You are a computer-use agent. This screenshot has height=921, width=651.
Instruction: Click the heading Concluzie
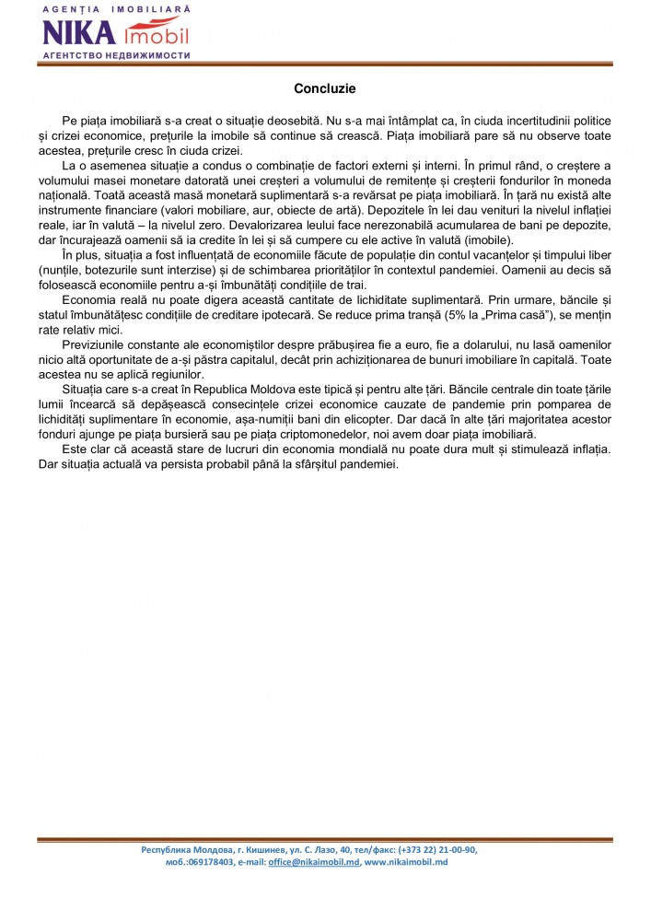point(325,89)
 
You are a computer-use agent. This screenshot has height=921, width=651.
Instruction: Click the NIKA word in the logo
point(79,34)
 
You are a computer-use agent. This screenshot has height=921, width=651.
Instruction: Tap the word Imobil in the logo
point(156,35)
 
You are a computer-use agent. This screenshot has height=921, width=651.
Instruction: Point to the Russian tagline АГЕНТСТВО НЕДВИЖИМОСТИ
point(116,55)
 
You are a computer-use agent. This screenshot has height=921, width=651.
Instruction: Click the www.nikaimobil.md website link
point(405,862)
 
